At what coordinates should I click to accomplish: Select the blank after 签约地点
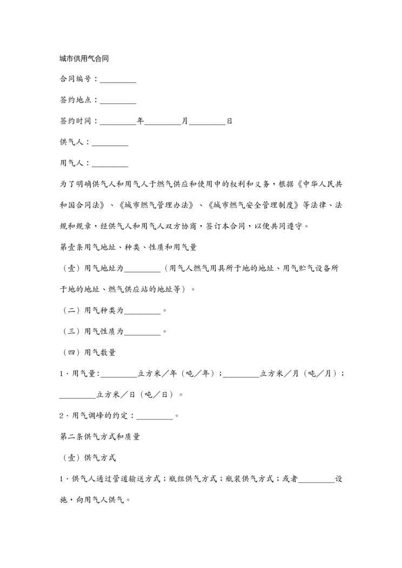click(118, 100)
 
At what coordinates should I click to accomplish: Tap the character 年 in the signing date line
click(140, 121)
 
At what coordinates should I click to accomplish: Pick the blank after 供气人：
click(110, 143)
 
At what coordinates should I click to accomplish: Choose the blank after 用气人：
click(110, 163)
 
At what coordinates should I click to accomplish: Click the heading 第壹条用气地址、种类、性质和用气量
click(128, 247)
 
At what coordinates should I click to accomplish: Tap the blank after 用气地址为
click(143, 268)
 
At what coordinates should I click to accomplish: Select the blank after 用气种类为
click(143, 310)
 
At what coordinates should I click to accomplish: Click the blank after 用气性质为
click(143, 332)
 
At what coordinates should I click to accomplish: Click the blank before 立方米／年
click(119, 374)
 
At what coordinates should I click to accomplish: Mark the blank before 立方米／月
click(242, 374)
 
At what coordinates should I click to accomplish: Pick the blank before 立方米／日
click(78, 395)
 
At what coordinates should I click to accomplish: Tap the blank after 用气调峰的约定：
click(155, 416)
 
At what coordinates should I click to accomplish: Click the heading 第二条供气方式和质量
click(100, 436)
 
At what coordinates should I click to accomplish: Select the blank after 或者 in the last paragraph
click(317, 479)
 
